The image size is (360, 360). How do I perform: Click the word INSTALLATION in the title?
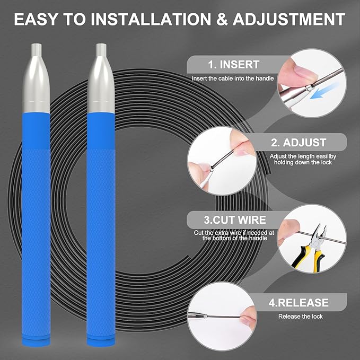[x=151, y=19]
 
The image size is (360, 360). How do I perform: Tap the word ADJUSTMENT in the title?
[x=289, y=19]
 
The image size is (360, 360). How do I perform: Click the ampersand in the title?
[x=222, y=19]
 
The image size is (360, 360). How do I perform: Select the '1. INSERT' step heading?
[x=234, y=65]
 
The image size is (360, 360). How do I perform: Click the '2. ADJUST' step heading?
[x=298, y=142]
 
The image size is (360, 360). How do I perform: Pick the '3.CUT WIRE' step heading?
[x=235, y=219]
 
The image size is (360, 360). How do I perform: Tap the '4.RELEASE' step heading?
[x=298, y=302]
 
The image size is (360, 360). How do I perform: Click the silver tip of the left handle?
[x=36, y=78]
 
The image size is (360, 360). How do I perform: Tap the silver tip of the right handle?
[x=101, y=78]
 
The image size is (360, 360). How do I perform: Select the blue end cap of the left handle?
[x=36, y=341]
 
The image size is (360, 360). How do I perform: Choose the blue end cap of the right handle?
[x=101, y=341]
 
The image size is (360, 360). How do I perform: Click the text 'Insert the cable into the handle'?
[x=233, y=78]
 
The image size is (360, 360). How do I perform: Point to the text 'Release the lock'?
[x=300, y=317]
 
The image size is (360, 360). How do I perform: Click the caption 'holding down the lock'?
[x=303, y=162]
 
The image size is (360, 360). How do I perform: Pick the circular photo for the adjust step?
[x=222, y=161]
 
